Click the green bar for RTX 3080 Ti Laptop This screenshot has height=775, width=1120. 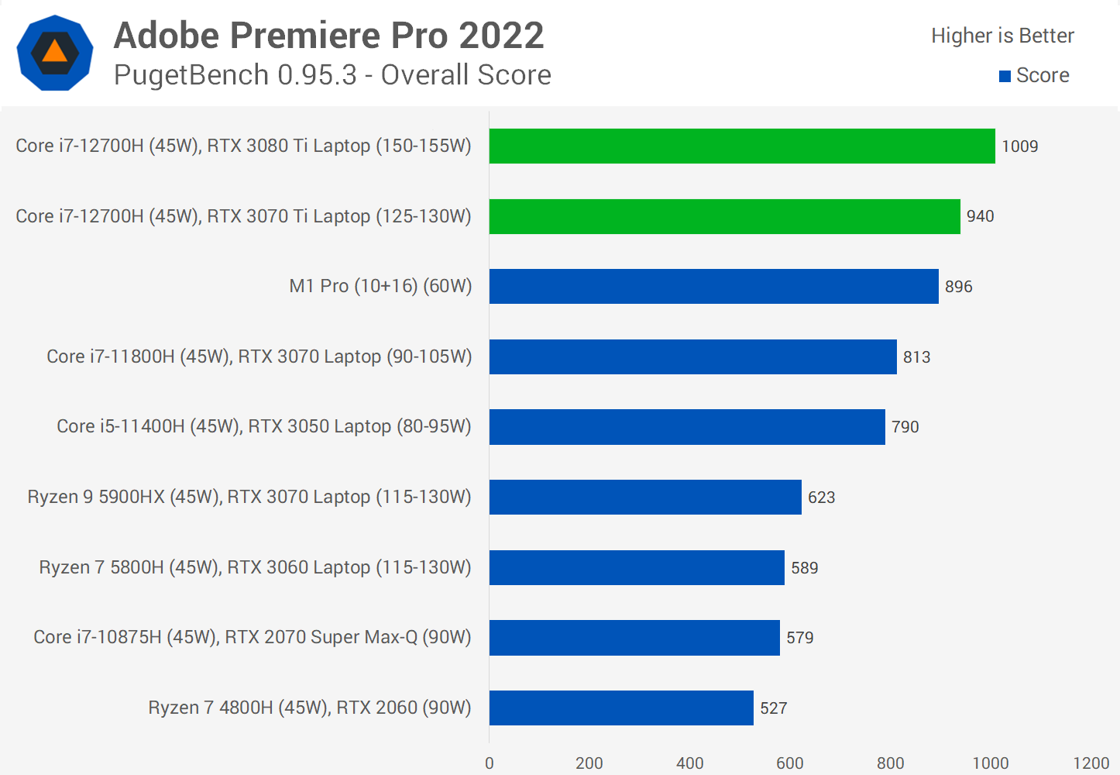tap(742, 146)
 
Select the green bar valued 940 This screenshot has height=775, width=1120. tap(724, 216)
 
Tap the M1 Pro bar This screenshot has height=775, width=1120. tap(713, 286)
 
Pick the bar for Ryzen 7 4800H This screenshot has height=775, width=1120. tap(621, 708)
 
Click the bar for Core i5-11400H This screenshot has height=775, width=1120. tap(687, 427)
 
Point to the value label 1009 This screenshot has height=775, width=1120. tap(1019, 146)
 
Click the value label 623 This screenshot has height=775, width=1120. tap(821, 498)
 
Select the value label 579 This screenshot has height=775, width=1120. tap(799, 638)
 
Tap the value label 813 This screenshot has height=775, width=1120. tap(916, 357)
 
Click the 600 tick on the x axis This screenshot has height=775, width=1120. tap(790, 763)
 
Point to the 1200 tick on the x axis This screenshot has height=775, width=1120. tap(1091, 763)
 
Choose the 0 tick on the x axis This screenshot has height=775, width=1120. tap(490, 763)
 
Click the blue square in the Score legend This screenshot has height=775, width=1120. tap(1005, 76)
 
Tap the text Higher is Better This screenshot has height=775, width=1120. tap(1002, 36)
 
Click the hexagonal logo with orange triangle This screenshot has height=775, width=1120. tap(55, 53)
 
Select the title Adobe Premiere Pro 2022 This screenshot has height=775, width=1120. tap(328, 36)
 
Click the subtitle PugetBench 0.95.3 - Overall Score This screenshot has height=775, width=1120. tap(332, 75)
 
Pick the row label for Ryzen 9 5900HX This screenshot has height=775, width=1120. tap(249, 497)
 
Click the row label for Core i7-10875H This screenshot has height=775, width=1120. tap(253, 637)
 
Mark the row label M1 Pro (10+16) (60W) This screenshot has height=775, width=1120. tap(380, 286)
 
